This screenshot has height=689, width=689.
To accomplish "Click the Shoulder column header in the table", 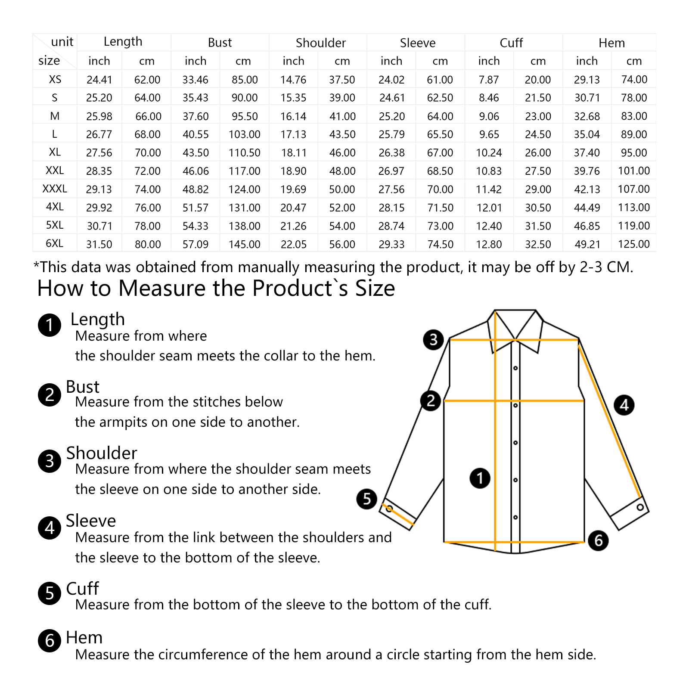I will tap(320, 43).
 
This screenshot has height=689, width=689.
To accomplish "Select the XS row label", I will tap(55, 79).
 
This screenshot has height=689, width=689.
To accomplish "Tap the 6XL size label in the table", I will tap(55, 243).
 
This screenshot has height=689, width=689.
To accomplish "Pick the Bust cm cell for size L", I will tap(244, 134).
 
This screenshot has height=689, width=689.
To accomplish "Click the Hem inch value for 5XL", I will tap(587, 226).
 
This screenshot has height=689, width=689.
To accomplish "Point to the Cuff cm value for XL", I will tap(538, 153).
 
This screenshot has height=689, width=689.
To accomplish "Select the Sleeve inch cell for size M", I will tap(391, 116).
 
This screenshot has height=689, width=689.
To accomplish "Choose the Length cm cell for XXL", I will tap(147, 171).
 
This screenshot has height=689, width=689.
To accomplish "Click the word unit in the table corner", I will tap(62, 42).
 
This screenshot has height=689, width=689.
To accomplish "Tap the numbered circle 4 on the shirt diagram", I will tap(624, 405).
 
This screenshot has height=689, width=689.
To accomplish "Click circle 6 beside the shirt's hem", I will tap(598, 540).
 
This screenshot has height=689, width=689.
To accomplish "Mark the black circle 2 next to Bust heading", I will tap(50, 394).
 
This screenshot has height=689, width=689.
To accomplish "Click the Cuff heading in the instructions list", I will tap(82, 588).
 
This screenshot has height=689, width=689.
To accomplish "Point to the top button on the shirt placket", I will tap(515, 368).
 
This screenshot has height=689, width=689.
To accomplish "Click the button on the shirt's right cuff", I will tap(640, 507).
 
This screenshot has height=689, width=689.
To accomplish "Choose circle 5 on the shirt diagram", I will tap(366, 499).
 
